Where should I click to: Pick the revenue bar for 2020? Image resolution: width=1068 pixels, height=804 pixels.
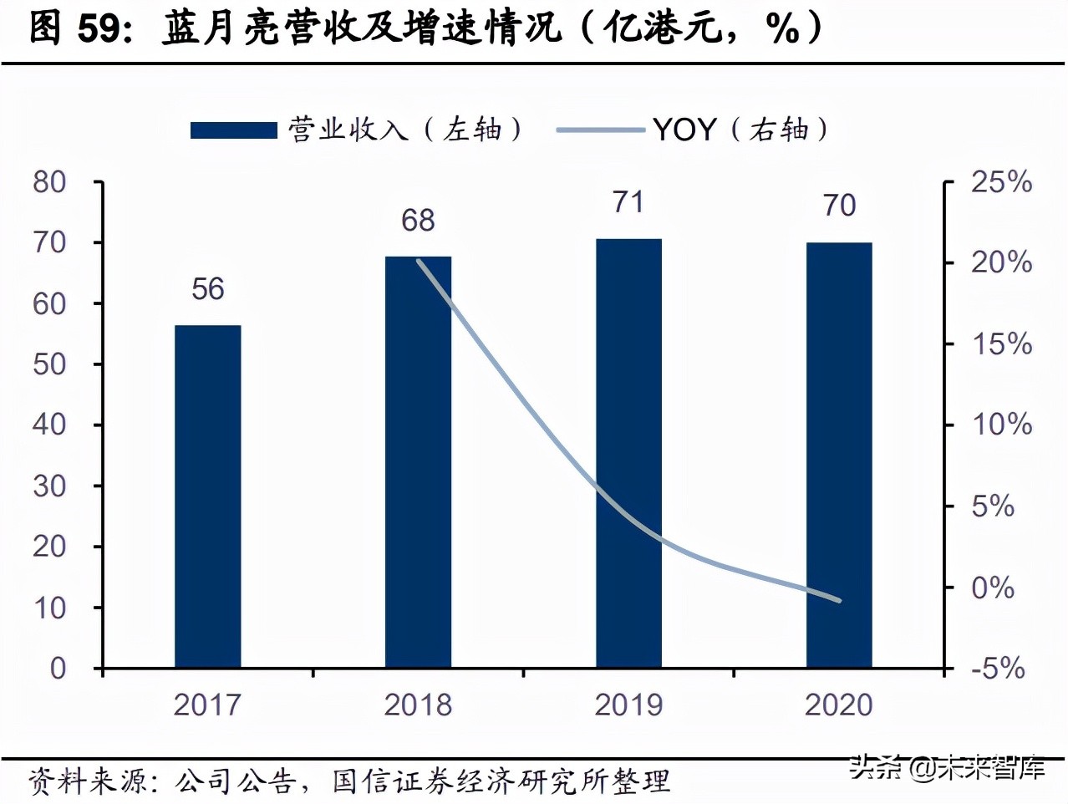(x=839, y=455)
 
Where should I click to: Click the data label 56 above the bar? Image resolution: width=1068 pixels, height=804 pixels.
(x=207, y=289)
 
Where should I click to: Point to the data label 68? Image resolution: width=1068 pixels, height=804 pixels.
(x=418, y=221)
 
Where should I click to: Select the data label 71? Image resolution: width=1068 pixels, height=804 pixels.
(x=628, y=202)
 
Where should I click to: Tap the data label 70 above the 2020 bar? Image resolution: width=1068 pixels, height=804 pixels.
(x=839, y=206)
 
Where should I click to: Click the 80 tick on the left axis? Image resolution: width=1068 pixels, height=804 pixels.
(x=49, y=182)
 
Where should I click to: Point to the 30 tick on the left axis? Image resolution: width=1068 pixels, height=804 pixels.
(x=49, y=486)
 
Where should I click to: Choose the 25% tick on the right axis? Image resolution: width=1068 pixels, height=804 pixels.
(x=1000, y=182)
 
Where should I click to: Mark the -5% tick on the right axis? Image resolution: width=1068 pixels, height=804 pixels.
(x=997, y=668)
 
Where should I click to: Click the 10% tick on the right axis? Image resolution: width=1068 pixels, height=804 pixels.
(x=1000, y=425)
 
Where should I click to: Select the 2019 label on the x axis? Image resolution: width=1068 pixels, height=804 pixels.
(x=628, y=705)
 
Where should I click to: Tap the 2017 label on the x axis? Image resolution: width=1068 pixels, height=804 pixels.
(x=207, y=705)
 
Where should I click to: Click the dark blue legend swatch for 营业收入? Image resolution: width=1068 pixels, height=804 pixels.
(x=233, y=130)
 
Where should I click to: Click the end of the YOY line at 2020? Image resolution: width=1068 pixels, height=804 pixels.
(x=839, y=600)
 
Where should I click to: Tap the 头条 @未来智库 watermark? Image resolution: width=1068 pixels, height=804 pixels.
(x=947, y=766)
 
